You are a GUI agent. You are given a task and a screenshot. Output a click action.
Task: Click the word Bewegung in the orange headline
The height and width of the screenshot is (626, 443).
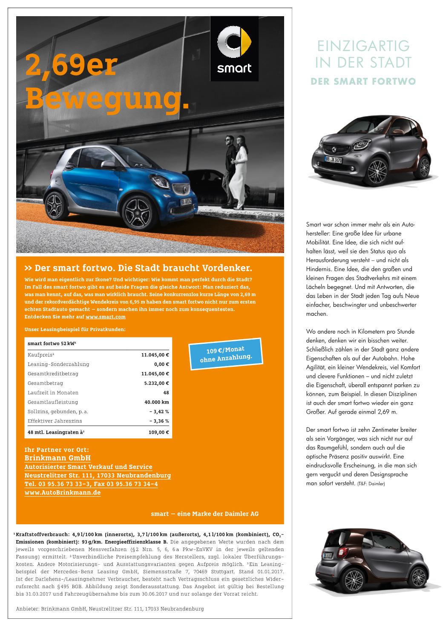(x=106, y=98)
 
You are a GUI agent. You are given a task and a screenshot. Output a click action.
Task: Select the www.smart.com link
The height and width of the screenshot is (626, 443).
(x=106, y=317)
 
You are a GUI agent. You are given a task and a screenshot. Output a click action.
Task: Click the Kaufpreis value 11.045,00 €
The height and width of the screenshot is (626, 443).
(x=155, y=355)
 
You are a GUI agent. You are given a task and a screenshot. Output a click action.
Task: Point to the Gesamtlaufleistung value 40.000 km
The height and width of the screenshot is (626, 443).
(x=157, y=402)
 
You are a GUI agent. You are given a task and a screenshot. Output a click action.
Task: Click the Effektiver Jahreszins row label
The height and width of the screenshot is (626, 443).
(x=55, y=421)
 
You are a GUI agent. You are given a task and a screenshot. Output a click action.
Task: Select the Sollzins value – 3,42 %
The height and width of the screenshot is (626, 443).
(x=159, y=412)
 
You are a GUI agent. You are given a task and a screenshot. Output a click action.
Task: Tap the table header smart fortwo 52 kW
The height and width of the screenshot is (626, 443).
(x=52, y=343)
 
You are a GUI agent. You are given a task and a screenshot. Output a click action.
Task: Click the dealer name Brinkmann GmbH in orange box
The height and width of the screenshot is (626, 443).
(x=58, y=458)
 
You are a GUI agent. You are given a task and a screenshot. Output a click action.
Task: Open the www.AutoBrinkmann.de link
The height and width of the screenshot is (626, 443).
(x=63, y=492)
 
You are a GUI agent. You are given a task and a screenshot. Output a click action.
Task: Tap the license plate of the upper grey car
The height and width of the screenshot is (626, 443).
(x=334, y=160)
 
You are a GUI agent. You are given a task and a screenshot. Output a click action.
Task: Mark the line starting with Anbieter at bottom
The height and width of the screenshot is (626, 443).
(x=109, y=609)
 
